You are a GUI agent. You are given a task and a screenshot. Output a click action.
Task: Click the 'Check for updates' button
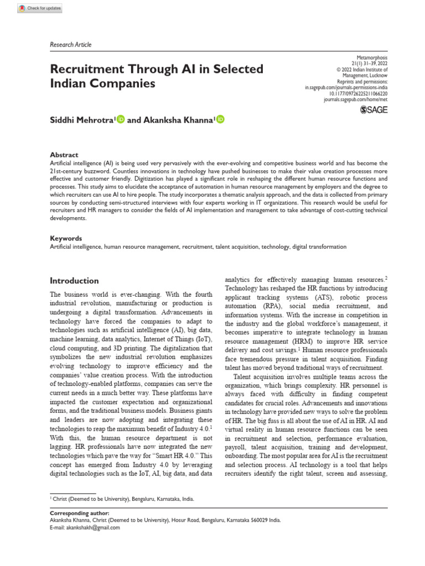tap(40, 9)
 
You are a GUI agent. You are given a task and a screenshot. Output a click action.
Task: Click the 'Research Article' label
tap(71, 45)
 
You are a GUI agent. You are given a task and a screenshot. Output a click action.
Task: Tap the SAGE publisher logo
tap(374, 110)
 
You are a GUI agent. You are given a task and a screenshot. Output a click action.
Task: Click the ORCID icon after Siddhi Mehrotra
tap(121, 119)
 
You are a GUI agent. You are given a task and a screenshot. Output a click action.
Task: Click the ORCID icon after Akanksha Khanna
tap(220, 119)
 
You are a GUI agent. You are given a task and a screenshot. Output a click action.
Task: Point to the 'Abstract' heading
tap(64, 155)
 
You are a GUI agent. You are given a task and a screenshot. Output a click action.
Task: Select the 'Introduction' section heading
tap(75, 281)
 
